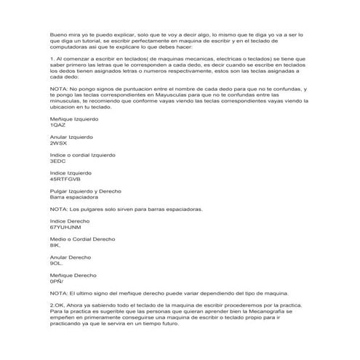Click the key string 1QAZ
pos(57,124)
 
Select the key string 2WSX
pos(58,143)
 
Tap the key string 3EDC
pos(57,161)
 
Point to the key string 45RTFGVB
pos(65,179)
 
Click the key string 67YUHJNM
pos(65,228)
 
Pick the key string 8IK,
pos(56,246)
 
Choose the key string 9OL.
pos(57,263)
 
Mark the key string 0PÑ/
pos(57,281)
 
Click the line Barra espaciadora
pos(74,196)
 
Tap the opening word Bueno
pos(58,34)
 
